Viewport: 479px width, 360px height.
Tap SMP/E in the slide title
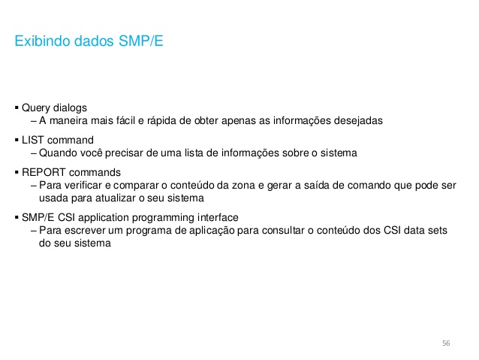[x=141, y=41]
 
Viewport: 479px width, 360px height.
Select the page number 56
[x=446, y=343]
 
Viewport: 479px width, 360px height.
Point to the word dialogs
[x=71, y=107]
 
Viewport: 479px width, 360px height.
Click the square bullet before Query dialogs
[x=17, y=107]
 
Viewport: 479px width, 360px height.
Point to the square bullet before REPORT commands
[x=17, y=172]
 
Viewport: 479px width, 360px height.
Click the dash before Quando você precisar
[x=34, y=153]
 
